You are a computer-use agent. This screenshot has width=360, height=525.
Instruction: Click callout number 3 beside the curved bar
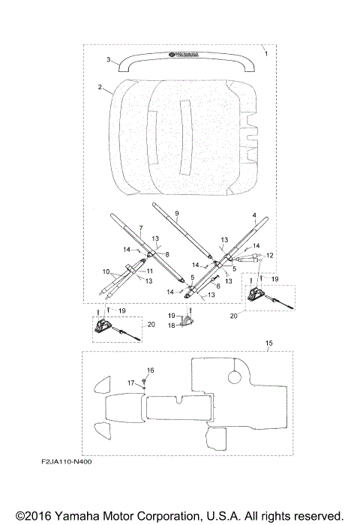point(109,59)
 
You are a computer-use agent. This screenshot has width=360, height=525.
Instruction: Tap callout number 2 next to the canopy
point(100,87)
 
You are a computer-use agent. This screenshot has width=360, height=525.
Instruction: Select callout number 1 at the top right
point(266,53)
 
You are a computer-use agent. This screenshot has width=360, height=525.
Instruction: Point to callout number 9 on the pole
point(177,213)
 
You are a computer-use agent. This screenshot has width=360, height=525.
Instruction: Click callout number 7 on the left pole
point(141,228)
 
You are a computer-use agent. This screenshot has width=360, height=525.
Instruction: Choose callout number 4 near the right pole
point(254,215)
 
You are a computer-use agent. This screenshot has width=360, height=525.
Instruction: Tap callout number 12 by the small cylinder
point(270,256)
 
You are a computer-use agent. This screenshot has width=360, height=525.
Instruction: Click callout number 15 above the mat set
point(269,343)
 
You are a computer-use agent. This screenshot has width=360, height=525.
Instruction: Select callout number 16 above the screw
point(150,370)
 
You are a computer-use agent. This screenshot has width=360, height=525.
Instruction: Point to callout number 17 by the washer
point(130,382)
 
